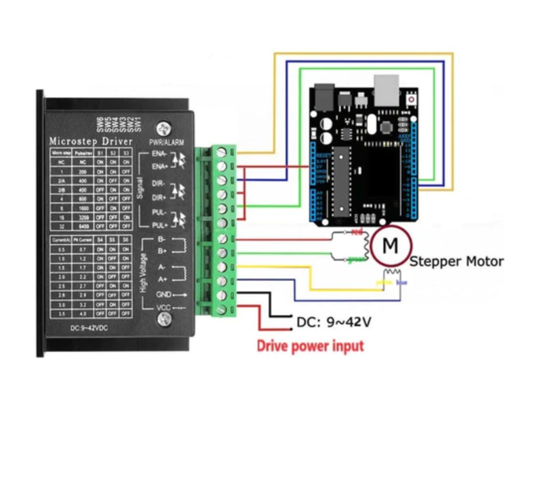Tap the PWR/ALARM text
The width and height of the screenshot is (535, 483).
[166, 143]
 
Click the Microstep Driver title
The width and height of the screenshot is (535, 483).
[91, 142]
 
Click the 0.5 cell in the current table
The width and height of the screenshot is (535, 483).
[61, 250]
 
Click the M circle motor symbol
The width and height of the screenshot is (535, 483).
[390, 245]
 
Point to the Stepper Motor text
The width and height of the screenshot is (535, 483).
[456, 261]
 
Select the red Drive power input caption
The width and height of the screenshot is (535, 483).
[310, 346]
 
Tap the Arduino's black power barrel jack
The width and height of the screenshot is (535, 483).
[322, 98]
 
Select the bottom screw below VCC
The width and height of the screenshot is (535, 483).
[163, 321]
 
